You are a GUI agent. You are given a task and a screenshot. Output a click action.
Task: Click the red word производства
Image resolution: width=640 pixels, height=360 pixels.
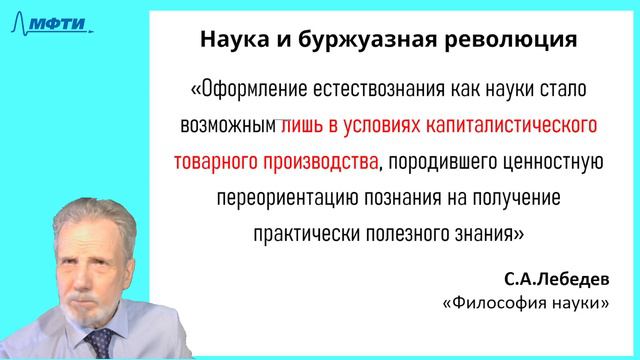coord(322,162)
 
